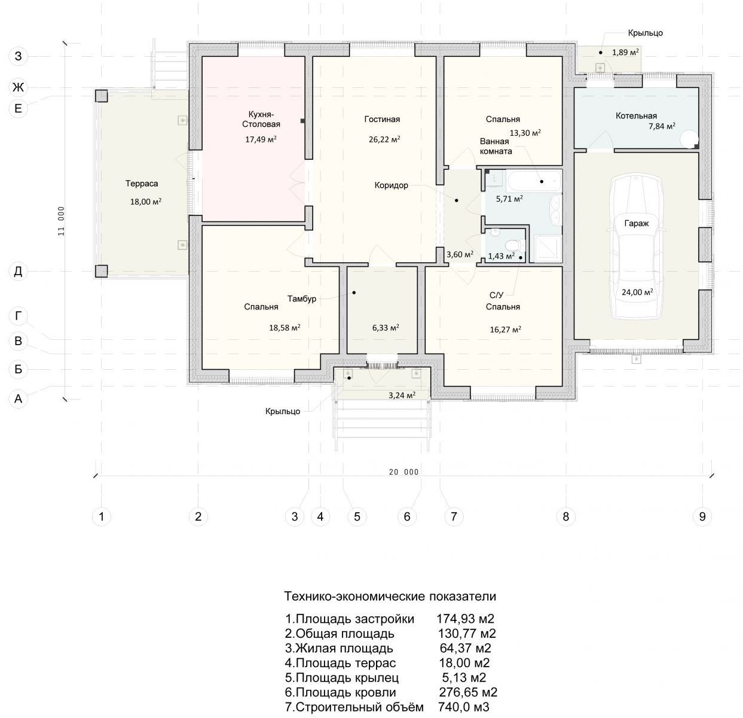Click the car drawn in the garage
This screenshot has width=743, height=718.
coord(636,247)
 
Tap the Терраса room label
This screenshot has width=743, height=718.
coord(142,184)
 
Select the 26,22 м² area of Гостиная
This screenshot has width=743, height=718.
coord(384,139)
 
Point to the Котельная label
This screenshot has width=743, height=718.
coord(636,116)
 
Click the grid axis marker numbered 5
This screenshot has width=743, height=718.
coord(357,516)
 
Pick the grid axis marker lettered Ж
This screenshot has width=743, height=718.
coord(18,87)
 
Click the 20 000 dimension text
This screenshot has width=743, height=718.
coord(404,472)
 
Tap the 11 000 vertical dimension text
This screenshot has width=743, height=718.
coord(61,221)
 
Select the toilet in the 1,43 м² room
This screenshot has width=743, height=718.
coord(511,245)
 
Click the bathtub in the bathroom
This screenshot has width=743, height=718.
coord(534,181)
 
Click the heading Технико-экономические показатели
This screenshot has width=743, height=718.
coord(390,596)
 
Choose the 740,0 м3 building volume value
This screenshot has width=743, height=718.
coord(463,707)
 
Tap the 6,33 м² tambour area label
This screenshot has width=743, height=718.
coord(386,327)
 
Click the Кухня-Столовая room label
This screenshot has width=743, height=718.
coord(261,119)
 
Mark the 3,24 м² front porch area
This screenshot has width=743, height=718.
coord(402,395)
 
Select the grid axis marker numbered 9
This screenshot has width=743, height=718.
coord(702,516)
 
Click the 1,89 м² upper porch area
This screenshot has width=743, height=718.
coord(625,52)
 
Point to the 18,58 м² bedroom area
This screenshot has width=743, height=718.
coord(285,327)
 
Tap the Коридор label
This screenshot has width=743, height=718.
coord(392,185)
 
